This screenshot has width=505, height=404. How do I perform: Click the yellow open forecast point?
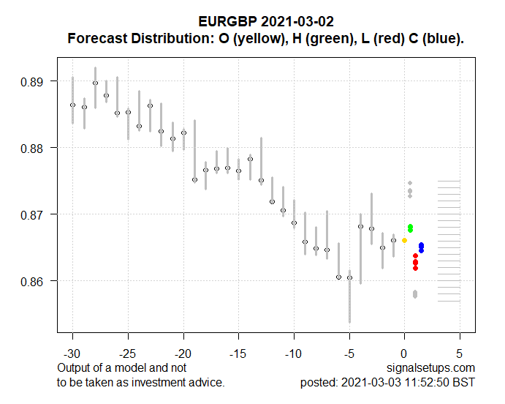404,240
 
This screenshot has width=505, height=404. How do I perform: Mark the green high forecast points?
411,228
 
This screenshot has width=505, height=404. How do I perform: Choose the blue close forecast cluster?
421,248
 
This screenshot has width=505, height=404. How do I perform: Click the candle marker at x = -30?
72,105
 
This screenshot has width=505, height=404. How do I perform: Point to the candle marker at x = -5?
349,278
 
